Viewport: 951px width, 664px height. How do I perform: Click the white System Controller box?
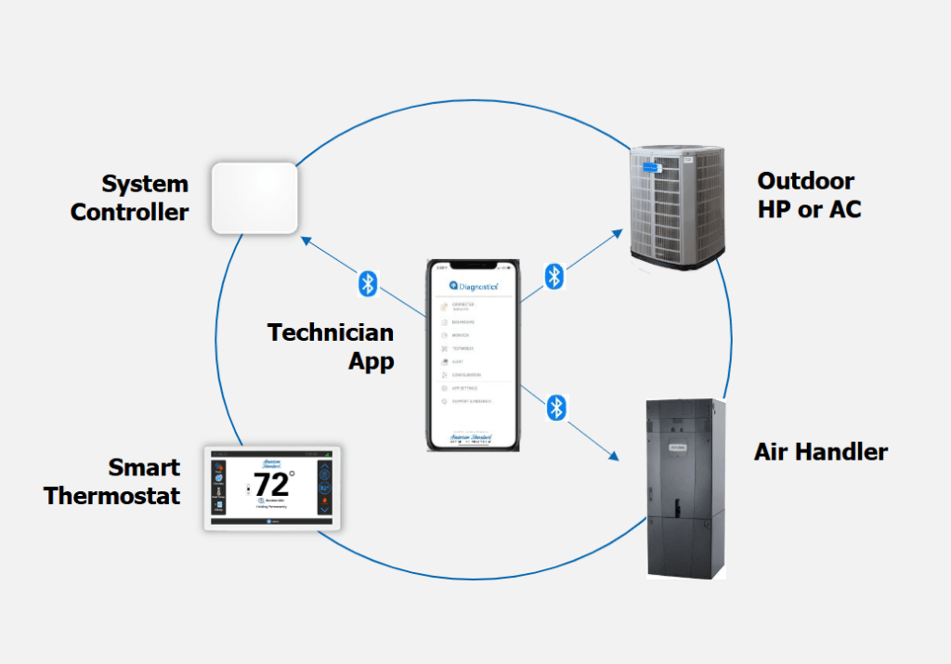(x=254, y=198)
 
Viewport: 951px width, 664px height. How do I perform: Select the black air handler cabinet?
(x=685, y=486)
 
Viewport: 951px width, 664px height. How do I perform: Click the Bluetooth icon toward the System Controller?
(x=368, y=283)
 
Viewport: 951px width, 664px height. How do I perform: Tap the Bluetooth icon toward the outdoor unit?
(x=554, y=276)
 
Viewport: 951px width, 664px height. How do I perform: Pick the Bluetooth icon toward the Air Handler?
(x=555, y=407)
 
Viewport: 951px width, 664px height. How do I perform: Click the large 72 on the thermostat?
(x=271, y=485)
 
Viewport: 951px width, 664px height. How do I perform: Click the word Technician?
(x=331, y=332)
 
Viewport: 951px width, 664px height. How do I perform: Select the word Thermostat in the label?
(x=111, y=495)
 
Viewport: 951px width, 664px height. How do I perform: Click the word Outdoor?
(x=805, y=180)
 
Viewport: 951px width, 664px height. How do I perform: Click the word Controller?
(x=129, y=212)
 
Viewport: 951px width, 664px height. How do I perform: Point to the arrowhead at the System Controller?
(x=304, y=240)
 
